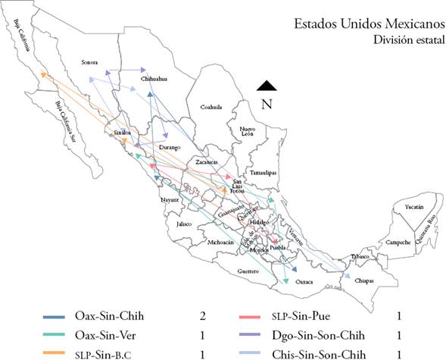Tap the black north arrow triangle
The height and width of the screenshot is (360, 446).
(266, 86)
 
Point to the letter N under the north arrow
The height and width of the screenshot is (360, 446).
(266, 105)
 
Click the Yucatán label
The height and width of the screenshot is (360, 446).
(413, 206)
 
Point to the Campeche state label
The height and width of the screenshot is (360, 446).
(397, 243)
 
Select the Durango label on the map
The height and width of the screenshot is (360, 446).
(170, 147)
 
